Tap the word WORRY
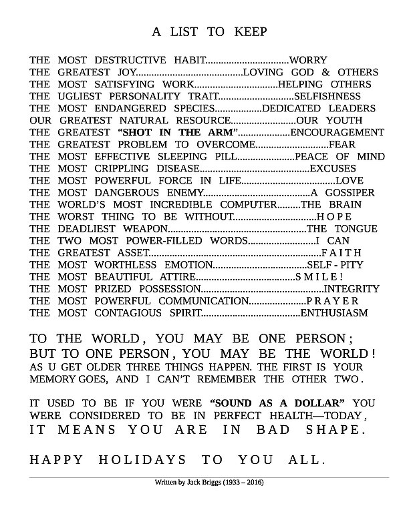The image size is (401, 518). pos(308,59)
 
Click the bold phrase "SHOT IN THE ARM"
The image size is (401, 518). pos(177,132)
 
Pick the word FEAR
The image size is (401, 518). pos(342,144)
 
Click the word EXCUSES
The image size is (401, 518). pos(333,168)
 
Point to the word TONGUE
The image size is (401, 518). pos(352,228)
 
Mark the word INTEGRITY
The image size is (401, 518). pos(352,288)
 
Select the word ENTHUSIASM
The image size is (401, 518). pos(335,312)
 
